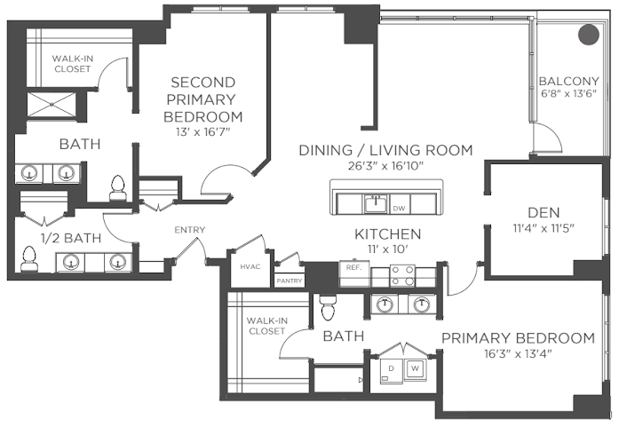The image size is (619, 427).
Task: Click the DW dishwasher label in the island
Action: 399,209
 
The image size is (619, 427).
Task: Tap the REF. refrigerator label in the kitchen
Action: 354,267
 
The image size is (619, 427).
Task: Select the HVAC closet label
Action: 250,267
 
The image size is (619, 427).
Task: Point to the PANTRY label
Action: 290,281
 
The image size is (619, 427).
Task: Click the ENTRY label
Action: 190,230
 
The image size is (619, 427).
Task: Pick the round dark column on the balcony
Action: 589,35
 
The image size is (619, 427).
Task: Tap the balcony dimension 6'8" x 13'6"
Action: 569,93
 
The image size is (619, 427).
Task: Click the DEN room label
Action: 544,213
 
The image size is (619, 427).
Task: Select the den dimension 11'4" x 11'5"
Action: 544,228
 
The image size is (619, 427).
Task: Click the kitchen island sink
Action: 376,203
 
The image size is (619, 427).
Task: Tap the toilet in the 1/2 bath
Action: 28,259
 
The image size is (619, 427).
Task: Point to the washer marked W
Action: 415,369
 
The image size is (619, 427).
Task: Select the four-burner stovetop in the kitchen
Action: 402,275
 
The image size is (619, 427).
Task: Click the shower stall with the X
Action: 52,105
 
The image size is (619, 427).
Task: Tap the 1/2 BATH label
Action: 71,238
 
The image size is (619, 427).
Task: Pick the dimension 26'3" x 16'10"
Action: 385,166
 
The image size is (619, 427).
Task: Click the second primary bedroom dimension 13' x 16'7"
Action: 202,131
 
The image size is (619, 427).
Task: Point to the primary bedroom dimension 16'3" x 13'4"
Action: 518,353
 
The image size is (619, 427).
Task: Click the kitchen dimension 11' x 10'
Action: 388,249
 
